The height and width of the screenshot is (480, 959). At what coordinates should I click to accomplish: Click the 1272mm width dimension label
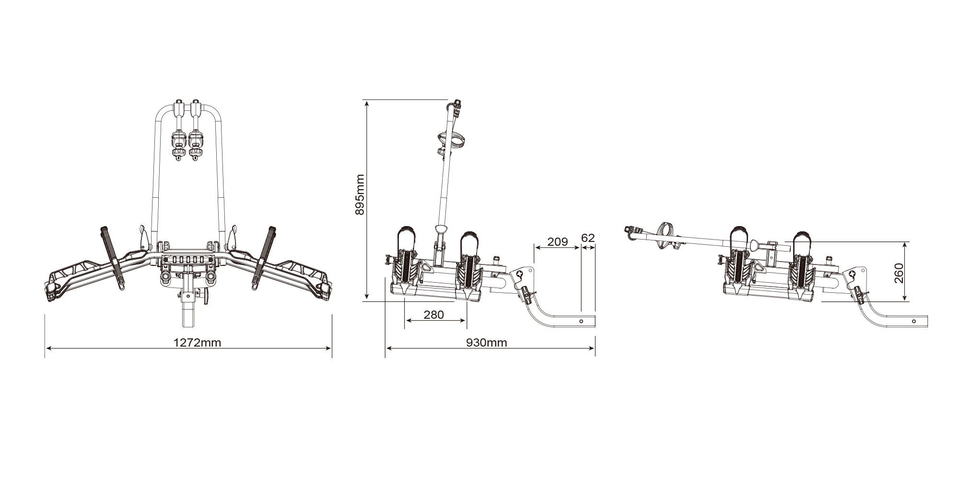click(x=197, y=343)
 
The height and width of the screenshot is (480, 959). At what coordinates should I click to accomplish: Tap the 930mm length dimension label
click(x=486, y=343)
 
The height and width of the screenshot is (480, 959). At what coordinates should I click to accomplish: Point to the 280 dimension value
click(x=433, y=315)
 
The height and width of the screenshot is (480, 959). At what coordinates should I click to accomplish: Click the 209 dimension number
click(x=557, y=241)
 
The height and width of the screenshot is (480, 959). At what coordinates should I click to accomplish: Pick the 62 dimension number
click(x=588, y=238)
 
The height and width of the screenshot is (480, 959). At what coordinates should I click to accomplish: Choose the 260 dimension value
click(x=899, y=273)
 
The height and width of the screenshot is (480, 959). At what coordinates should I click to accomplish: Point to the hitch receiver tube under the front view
click(x=188, y=312)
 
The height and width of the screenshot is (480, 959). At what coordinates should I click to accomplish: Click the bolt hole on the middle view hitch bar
click(x=581, y=321)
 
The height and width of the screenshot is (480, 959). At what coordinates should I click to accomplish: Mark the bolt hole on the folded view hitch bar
click(x=914, y=321)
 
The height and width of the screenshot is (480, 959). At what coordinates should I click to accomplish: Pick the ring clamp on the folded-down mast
click(x=667, y=235)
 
